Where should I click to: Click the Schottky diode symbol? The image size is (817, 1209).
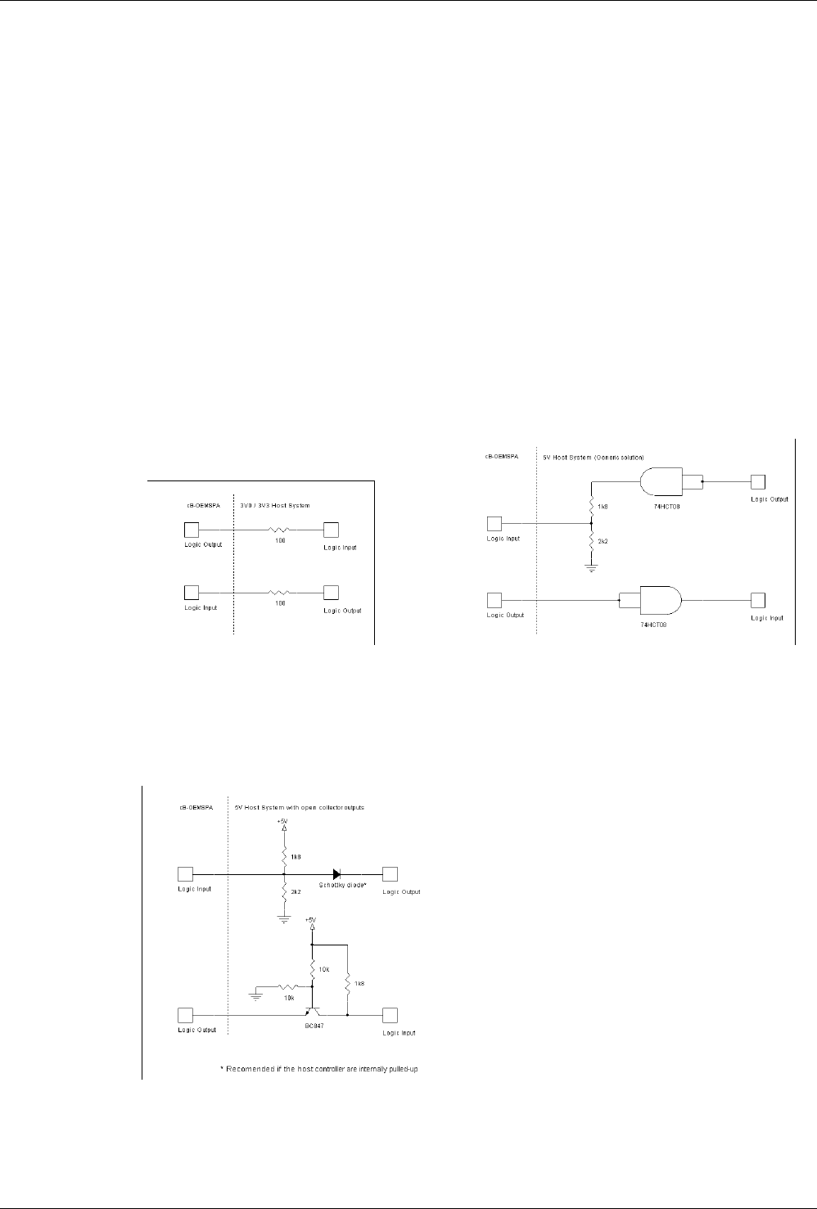[x=336, y=874]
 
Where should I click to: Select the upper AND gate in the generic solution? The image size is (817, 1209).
[x=661, y=482]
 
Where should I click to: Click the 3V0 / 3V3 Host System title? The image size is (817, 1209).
[x=275, y=506]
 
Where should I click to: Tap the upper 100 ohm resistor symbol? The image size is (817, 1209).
[x=280, y=530]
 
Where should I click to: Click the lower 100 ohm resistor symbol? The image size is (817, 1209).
[x=280, y=592]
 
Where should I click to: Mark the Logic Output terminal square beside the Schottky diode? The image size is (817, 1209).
[x=390, y=874]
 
